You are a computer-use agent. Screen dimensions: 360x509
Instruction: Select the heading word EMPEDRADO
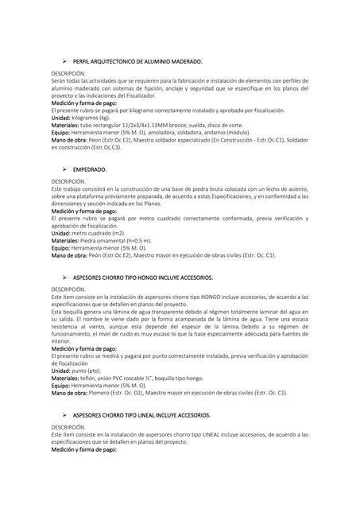89,170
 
